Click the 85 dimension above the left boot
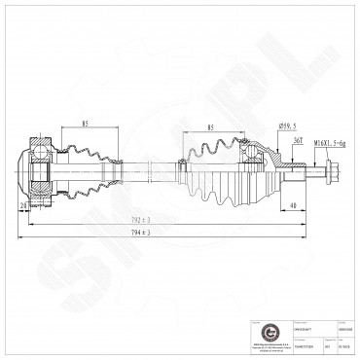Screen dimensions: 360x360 click(86, 124)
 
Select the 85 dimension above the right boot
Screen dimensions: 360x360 click(210, 127)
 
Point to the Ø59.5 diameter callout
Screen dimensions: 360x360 click(288, 126)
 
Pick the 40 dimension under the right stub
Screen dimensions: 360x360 click(293, 205)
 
